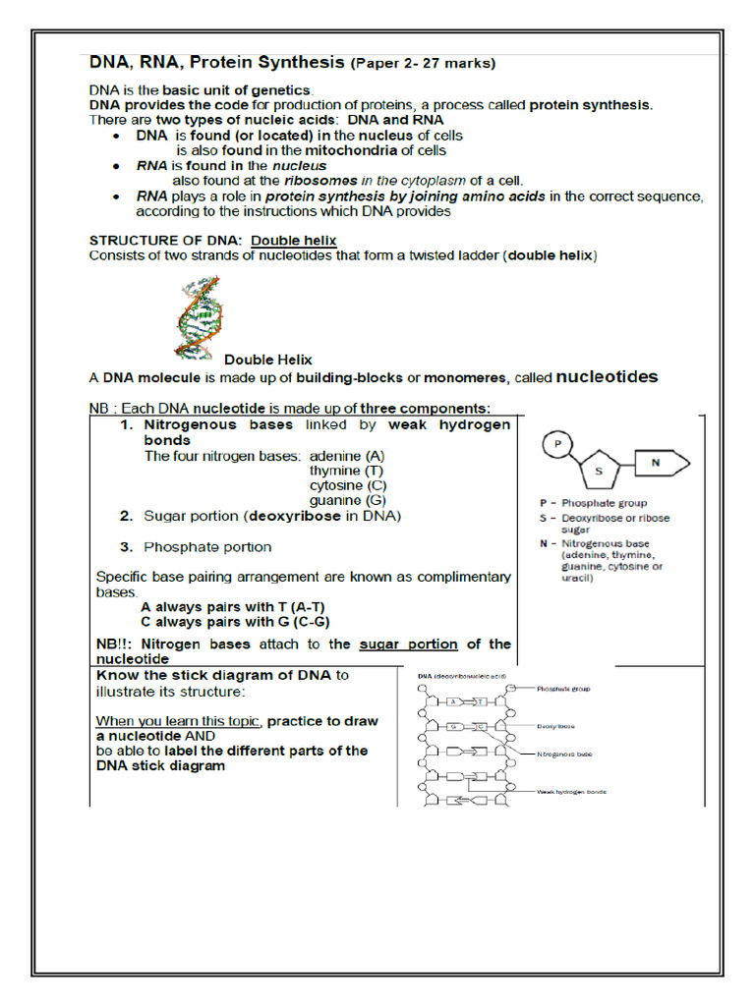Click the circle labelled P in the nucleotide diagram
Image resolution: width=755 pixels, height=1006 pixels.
coord(557,444)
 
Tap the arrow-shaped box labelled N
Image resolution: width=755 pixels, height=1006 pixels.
coord(661,462)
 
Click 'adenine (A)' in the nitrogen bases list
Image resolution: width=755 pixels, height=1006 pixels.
coord(347,457)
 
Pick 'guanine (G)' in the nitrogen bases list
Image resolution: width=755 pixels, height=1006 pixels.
coord(347,500)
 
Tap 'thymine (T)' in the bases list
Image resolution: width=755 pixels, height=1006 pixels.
coord(346,471)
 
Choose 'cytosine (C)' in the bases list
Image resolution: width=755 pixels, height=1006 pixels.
coord(348,485)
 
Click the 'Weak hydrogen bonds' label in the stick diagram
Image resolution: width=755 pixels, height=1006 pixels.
coord(571,790)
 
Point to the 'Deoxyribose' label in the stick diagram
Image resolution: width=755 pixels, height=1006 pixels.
coord(556,726)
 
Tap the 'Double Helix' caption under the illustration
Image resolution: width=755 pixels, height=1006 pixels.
coord(268,360)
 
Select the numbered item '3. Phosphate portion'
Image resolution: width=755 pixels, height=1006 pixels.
coord(207,546)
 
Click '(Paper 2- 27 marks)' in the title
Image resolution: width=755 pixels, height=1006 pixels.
coord(423,64)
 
